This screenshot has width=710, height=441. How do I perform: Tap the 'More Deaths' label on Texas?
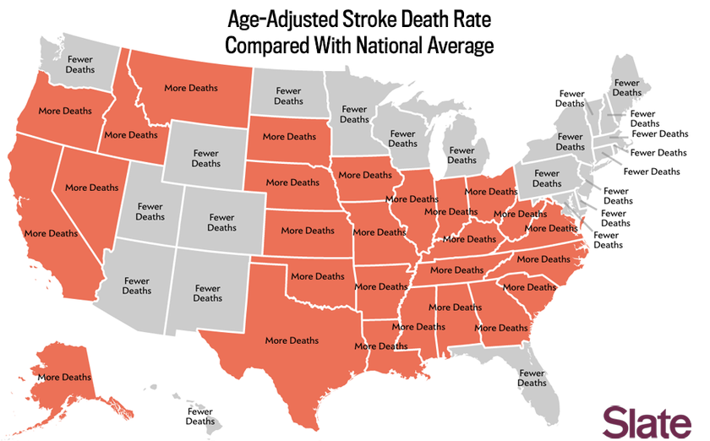point(292,340)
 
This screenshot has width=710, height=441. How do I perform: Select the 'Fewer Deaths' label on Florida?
point(532,378)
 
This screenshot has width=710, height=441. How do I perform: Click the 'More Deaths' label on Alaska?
point(64,377)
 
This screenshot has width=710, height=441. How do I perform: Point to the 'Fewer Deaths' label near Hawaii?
point(200,416)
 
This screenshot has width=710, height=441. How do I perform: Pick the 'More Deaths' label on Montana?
point(190,88)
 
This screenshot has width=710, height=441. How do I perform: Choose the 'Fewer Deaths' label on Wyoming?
point(205,158)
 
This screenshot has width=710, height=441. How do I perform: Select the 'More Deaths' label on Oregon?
point(65,111)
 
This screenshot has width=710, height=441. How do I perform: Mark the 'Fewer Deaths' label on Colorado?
point(221,222)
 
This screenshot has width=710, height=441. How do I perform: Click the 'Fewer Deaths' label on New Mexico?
point(207,292)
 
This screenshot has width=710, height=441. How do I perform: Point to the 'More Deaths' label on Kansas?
point(308,231)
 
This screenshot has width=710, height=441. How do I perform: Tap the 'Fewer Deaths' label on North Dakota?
point(288,96)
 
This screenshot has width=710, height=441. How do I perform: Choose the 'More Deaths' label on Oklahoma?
point(318,276)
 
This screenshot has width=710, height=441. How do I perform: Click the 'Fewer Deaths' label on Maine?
point(626,88)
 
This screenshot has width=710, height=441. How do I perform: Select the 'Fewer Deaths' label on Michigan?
point(461,155)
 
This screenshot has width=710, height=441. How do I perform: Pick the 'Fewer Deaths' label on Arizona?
point(137,286)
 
